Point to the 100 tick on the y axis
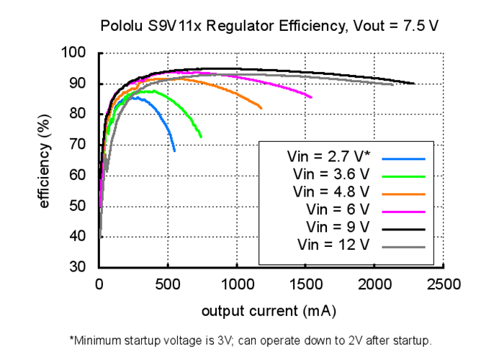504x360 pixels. coord(75,53)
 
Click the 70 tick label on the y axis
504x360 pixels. coord(78,145)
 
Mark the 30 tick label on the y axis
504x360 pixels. coord(78,267)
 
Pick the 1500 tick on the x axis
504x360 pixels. coord(306,284)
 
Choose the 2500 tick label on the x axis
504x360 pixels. coord(444,284)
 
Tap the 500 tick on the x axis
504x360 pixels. coord(168,284)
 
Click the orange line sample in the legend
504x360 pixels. coord(405,194)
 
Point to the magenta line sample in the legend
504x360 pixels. coord(405,212)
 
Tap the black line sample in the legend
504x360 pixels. coord(405,229)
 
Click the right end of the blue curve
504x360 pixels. coord(174,150)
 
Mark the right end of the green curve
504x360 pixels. coord(202,137)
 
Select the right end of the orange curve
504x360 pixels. coord(261,108)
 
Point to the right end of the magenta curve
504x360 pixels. coord(311,97)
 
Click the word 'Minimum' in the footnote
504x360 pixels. coord(99,339)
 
